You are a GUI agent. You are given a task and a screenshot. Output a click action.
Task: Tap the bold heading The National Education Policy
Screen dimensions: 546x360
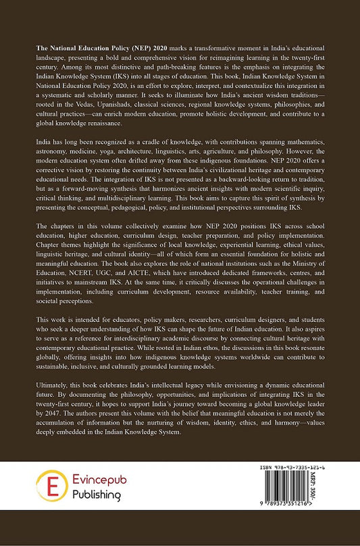tap(74, 51)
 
